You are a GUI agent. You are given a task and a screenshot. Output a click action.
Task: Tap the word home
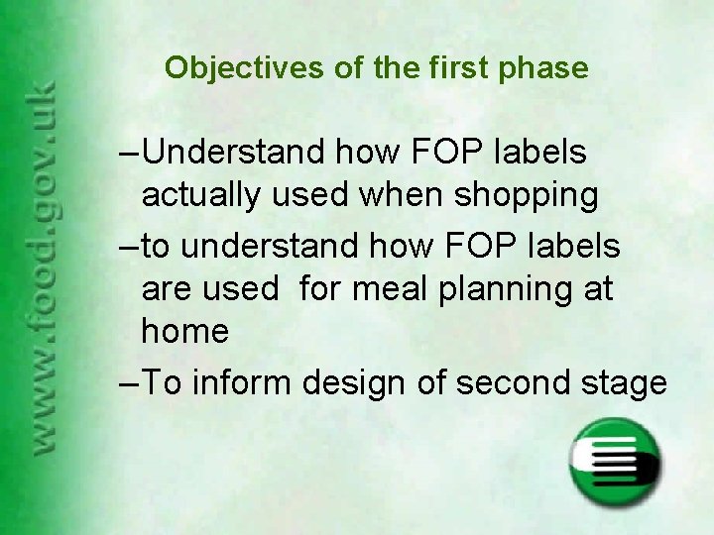pos(185,332)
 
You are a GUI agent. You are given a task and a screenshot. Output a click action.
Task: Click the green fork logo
pos(615,464)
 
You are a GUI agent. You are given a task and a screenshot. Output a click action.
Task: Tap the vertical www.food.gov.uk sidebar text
pos(44,267)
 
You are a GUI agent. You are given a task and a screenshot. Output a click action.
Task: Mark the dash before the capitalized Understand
pos(129,153)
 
